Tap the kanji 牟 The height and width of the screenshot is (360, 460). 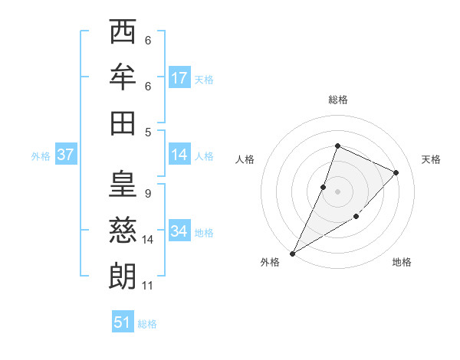pos(123,77)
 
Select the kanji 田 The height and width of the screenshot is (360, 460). pos(123,122)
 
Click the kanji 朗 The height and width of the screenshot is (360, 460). pos(123,276)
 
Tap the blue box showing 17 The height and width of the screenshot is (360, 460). pos(179,78)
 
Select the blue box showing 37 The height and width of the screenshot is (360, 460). pos(65,155)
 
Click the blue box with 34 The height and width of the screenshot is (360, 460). pos(179,231)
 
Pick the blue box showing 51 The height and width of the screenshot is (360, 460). pos(122,322)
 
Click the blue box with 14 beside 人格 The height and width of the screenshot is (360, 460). pos(179,155)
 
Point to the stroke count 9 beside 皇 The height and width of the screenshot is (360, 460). pos(147,193)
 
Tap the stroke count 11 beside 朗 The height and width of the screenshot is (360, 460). pos(147,286)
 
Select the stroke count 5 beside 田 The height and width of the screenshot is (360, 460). pos(147,132)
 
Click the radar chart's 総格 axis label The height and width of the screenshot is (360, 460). pos(338,100)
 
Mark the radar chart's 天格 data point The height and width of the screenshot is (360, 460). pos(396,172)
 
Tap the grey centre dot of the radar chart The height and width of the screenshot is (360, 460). pos(338,191)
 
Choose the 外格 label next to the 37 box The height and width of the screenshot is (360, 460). pos(41,155)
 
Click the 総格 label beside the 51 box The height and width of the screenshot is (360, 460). pos(147,324)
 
